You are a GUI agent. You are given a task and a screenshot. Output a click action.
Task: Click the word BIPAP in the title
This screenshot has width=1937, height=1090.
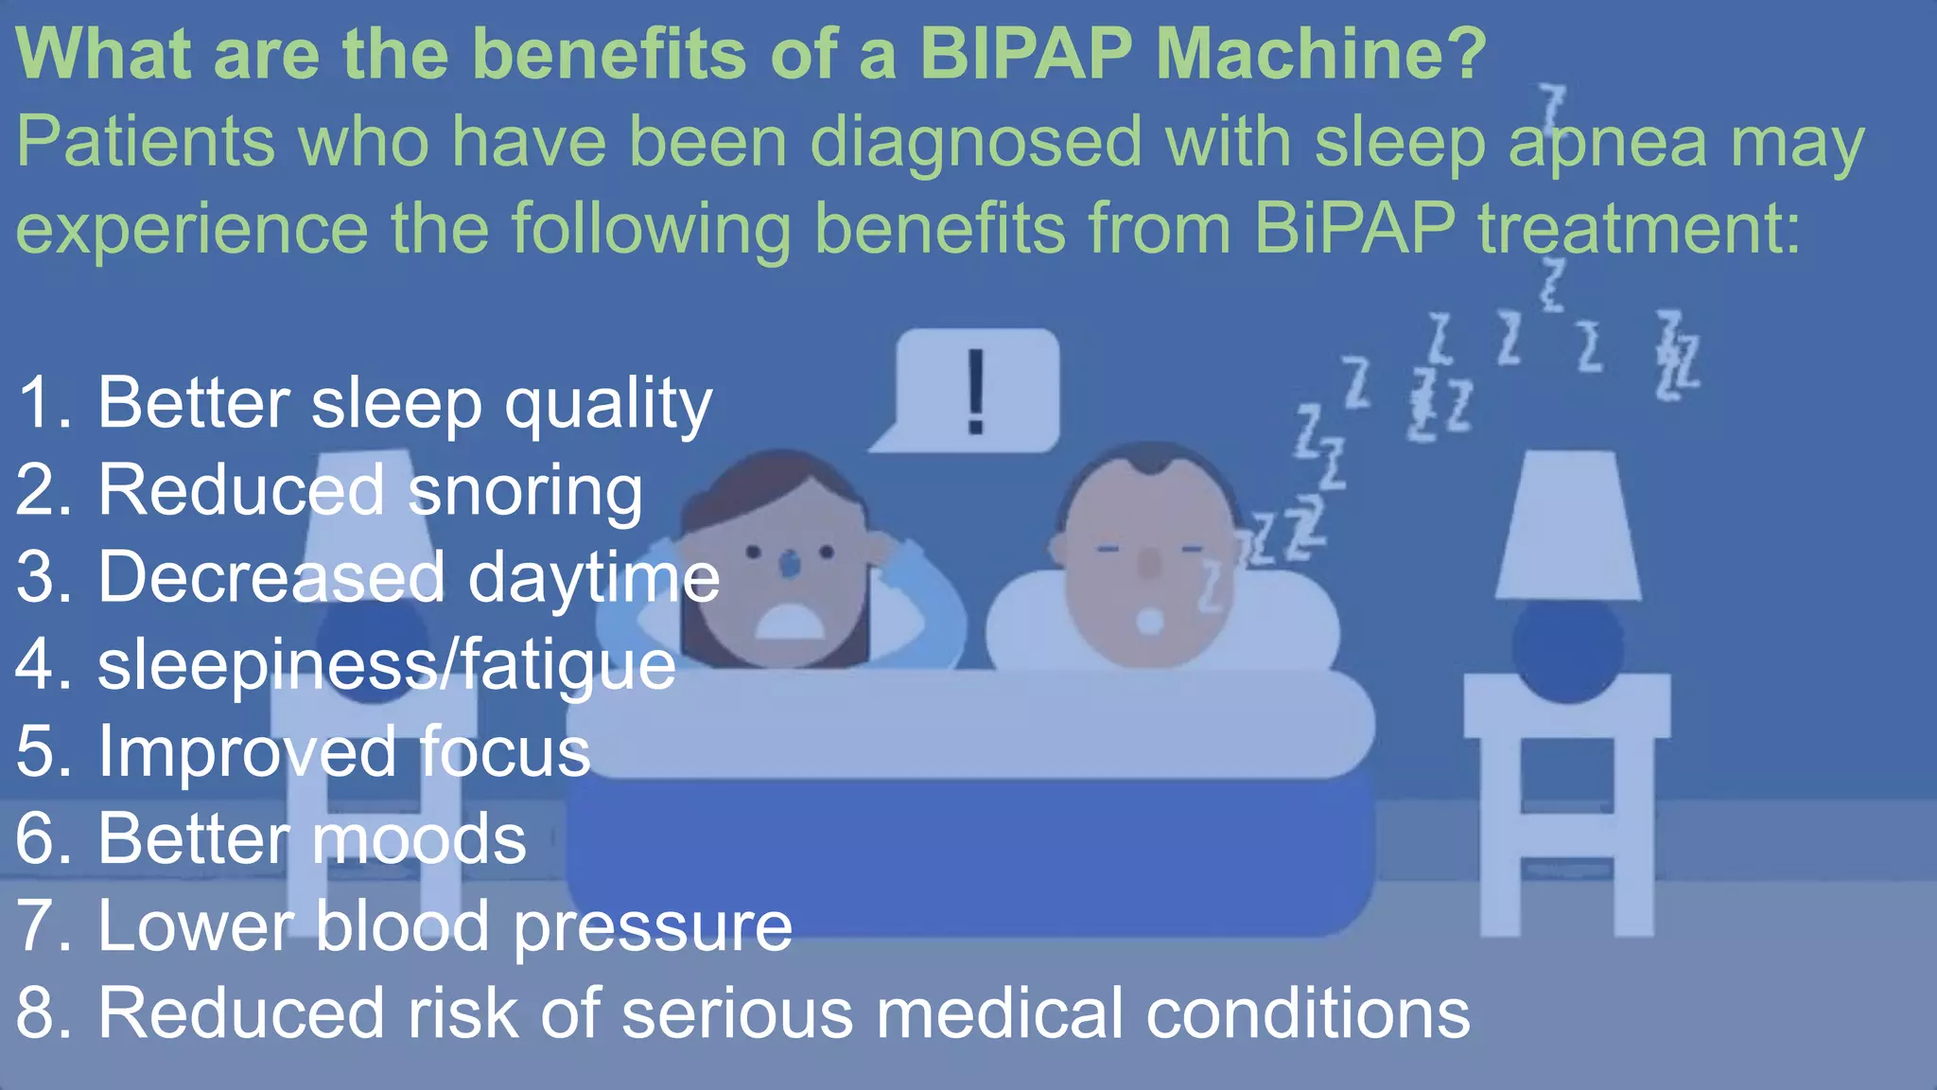click(1025, 54)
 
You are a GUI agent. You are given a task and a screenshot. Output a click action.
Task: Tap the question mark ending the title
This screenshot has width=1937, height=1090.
click(1464, 54)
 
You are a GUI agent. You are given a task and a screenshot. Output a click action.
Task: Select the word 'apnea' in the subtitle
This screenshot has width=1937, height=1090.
click(1607, 142)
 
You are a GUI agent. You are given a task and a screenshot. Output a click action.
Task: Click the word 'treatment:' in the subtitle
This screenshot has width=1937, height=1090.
click(1639, 229)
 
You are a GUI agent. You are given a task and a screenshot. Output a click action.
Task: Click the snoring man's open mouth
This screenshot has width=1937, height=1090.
click(1150, 621)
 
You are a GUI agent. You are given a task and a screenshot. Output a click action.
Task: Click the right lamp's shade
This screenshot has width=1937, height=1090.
click(1568, 526)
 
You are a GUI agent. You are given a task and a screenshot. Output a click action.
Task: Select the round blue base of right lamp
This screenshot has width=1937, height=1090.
click(1567, 649)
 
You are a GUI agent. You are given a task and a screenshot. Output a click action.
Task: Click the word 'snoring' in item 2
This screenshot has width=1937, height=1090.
click(525, 492)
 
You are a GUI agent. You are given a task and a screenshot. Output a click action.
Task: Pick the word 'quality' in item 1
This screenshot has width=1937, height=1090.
click(608, 405)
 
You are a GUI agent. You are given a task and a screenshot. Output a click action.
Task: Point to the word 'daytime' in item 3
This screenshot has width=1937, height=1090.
click(594, 578)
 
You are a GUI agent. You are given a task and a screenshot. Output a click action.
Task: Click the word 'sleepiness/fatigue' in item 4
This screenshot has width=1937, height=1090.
click(386, 665)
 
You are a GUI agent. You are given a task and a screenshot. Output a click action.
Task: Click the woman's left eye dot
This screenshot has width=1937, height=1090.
click(754, 552)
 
